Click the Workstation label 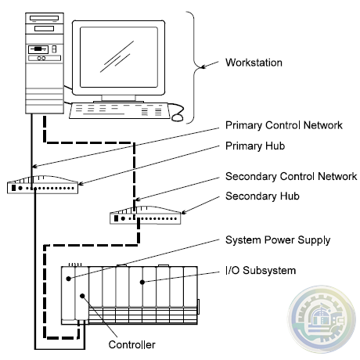(254, 63)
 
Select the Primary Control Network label (284, 125)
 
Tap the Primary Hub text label (255, 146)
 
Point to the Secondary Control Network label (291, 176)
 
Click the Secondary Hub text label (262, 196)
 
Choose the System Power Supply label (278, 240)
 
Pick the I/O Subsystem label (261, 271)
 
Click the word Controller (131, 344)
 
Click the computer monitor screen (119, 57)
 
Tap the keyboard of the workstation (120, 111)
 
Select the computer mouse (177, 117)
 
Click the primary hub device (42, 185)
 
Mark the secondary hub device (146, 215)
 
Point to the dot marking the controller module (82, 296)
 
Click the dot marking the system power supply (69, 279)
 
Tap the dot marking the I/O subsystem (142, 282)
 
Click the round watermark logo (322, 319)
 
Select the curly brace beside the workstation (195, 67)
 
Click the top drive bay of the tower (45, 18)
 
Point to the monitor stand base (119, 102)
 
